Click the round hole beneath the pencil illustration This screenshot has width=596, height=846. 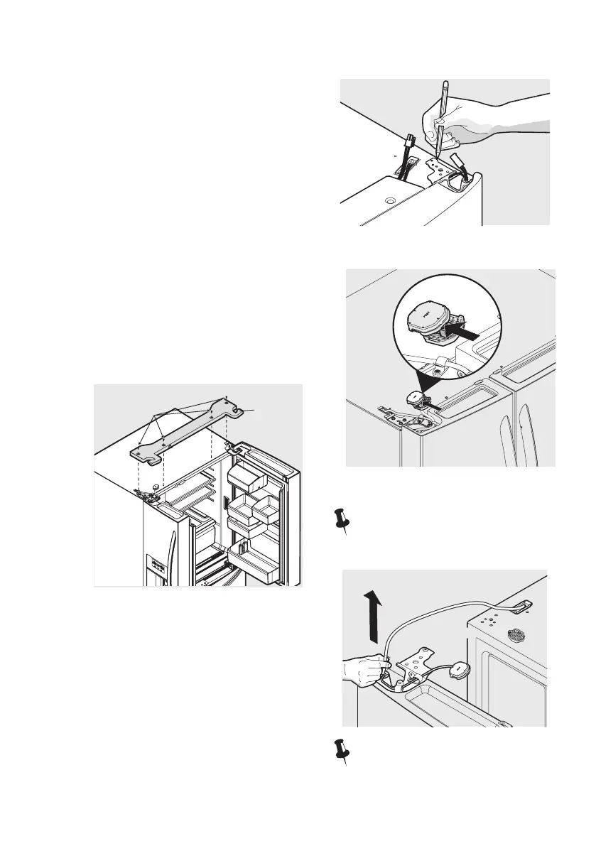tap(388, 202)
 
